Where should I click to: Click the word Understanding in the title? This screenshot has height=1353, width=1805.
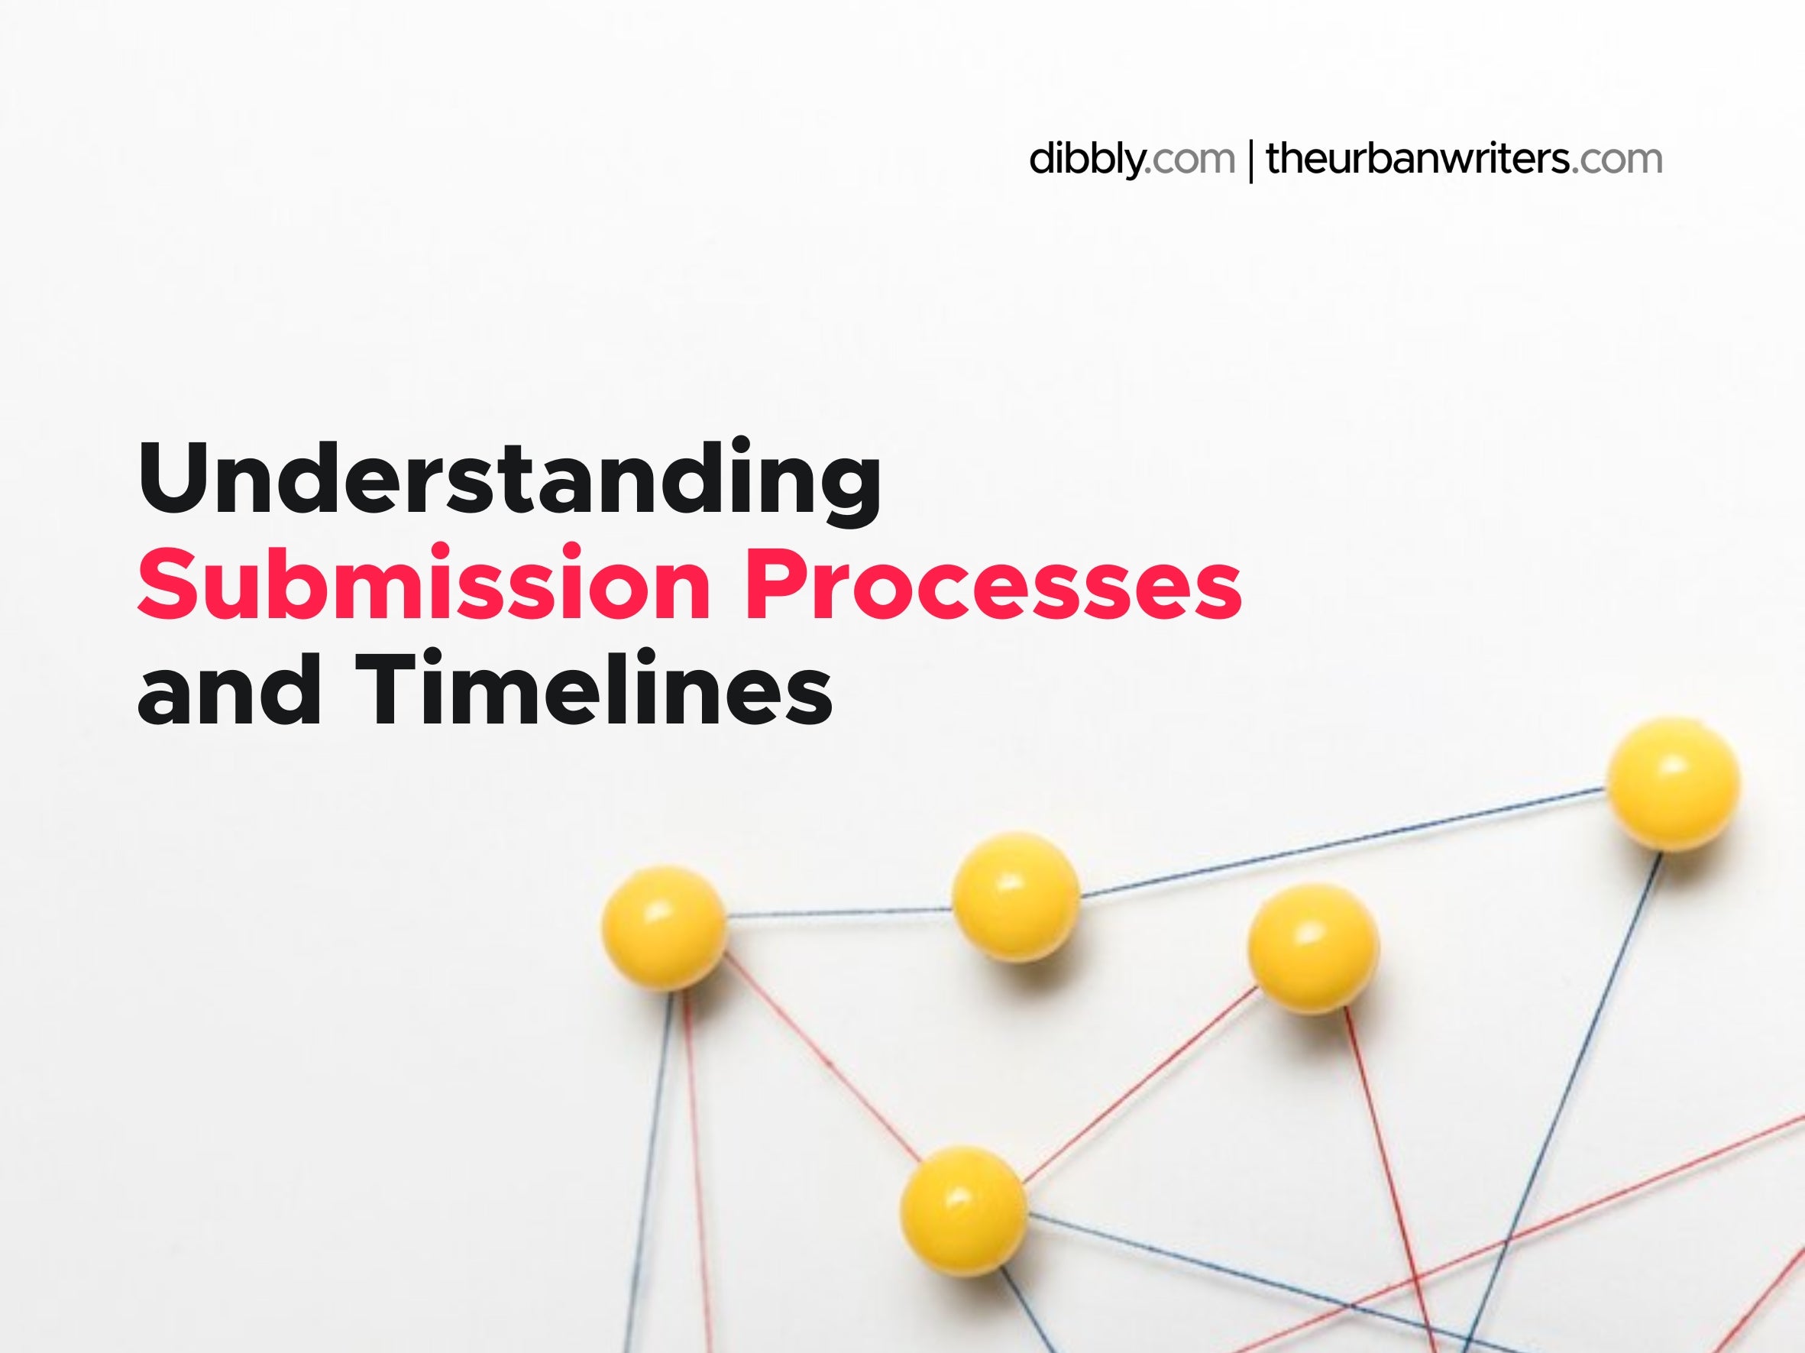(510, 480)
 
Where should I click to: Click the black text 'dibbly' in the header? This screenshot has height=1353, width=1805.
(1085, 159)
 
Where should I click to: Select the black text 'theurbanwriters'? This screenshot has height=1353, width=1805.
(1418, 158)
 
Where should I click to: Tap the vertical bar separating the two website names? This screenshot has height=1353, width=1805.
(1251, 160)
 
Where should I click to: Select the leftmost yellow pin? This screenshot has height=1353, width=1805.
(663, 927)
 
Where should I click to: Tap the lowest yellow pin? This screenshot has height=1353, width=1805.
(963, 1211)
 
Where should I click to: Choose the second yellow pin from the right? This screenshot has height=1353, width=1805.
(1313, 948)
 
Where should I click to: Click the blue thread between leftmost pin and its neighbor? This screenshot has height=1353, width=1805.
(839, 911)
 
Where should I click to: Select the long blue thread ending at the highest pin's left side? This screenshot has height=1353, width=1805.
(1343, 841)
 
